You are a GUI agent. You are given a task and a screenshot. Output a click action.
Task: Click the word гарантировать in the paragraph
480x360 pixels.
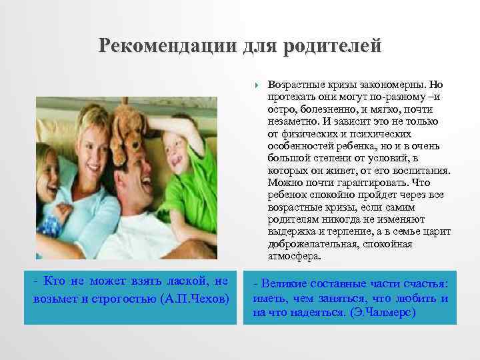tap(364, 182)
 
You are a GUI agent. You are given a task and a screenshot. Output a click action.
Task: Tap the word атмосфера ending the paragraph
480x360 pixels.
tap(294, 255)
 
